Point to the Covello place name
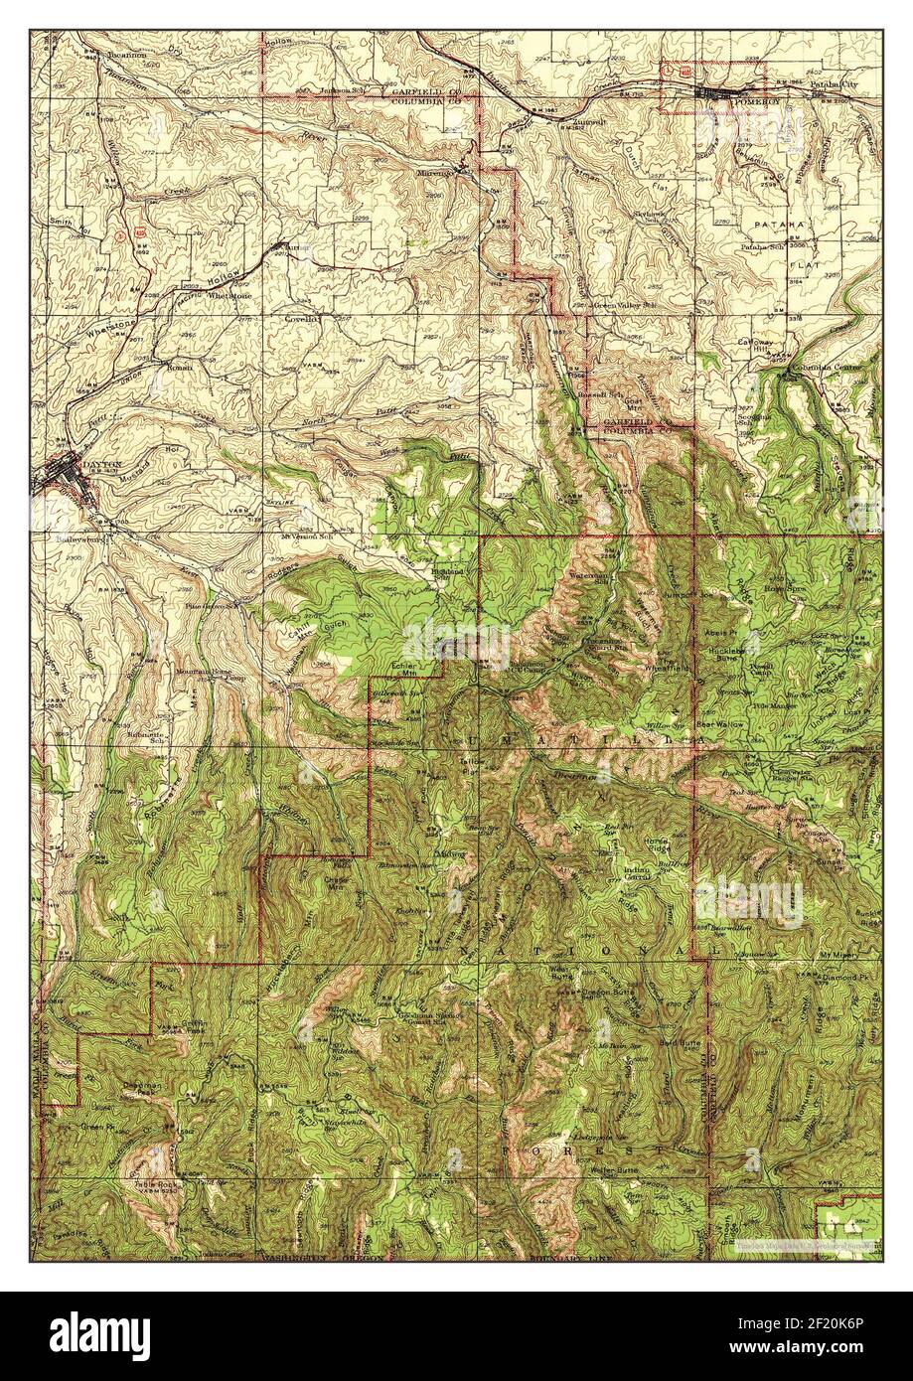(302, 320)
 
